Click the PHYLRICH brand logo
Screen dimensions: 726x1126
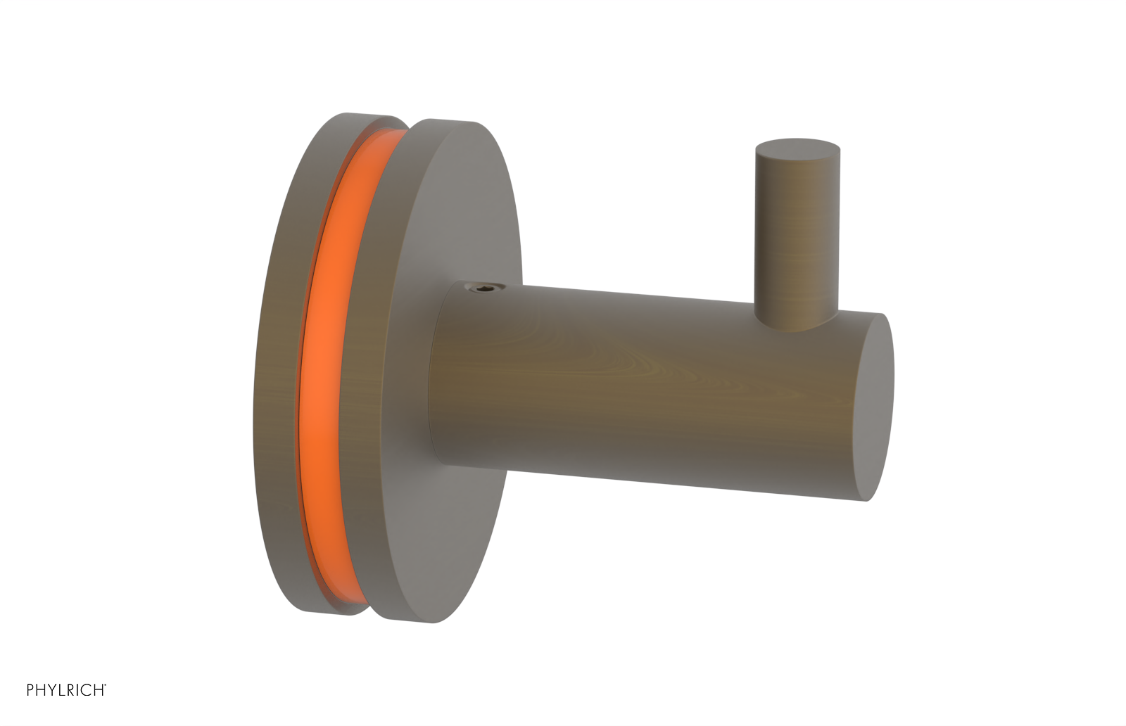click(x=66, y=690)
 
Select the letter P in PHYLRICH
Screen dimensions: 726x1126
click(x=31, y=690)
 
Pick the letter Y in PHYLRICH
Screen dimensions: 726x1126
click(x=53, y=690)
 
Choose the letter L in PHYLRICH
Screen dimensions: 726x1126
click(x=63, y=690)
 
